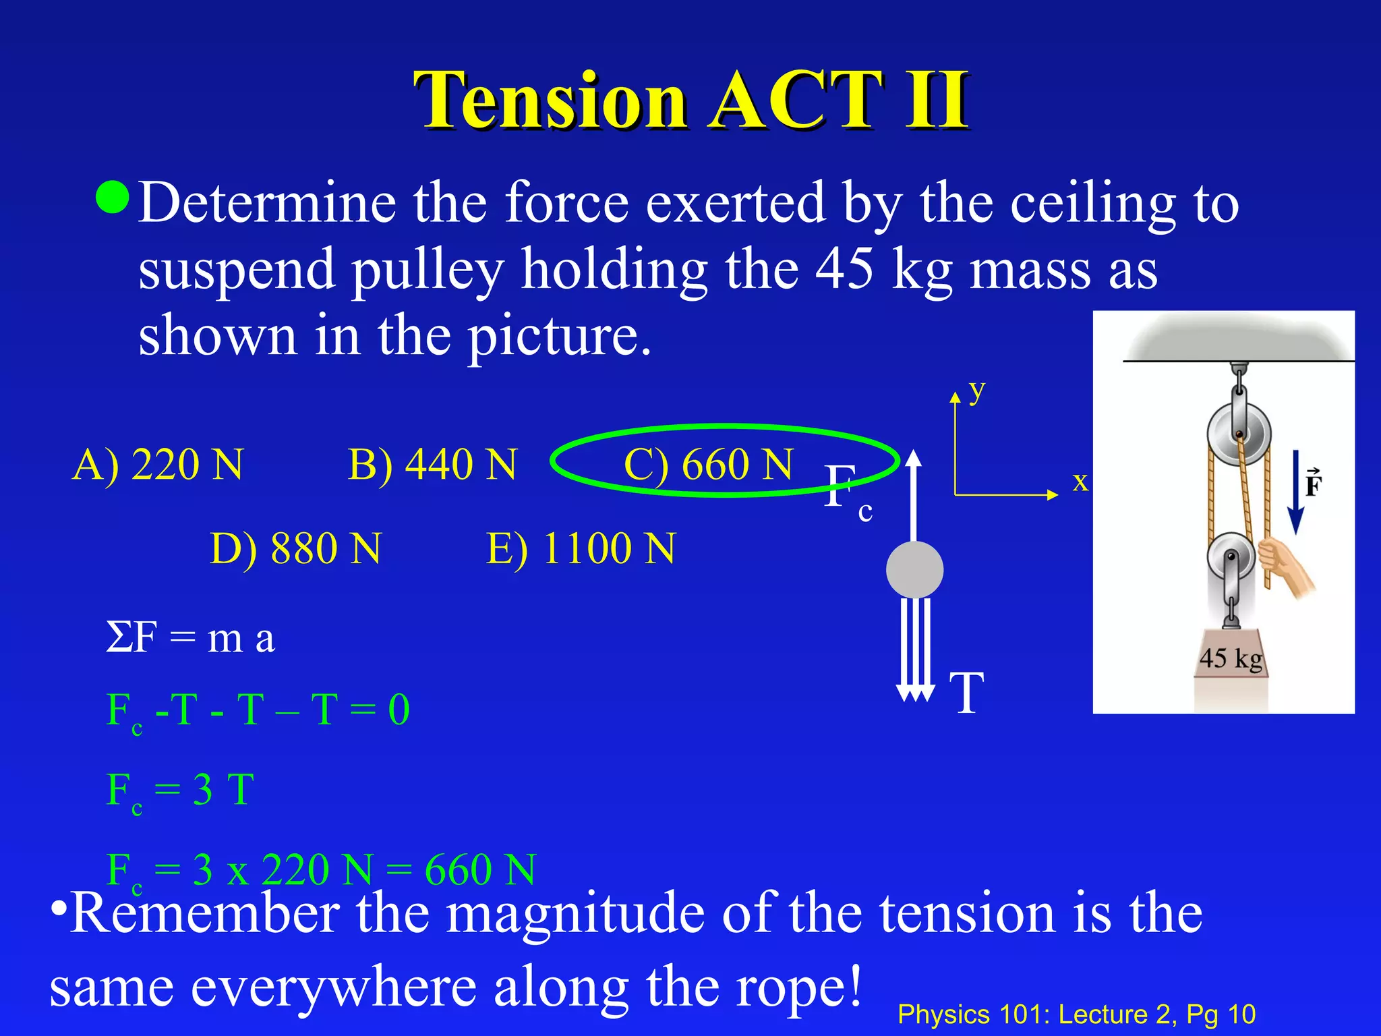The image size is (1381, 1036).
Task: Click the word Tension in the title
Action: tap(550, 101)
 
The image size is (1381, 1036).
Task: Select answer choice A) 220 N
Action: tap(157, 465)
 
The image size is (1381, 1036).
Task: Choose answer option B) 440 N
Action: tap(432, 465)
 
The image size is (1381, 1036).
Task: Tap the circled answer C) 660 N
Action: tap(708, 465)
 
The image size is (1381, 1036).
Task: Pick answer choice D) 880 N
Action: tap(295, 548)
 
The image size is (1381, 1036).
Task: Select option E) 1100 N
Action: tap(581, 548)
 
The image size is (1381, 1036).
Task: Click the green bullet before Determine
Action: tap(112, 197)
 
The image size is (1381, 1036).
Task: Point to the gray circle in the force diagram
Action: tap(914, 570)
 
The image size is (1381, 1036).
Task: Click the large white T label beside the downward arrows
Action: tap(967, 693)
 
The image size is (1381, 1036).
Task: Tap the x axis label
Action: tap(1080, 482)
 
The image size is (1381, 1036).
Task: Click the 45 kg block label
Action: tap(1231, 658)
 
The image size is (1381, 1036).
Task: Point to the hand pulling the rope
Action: tap(1285, 565)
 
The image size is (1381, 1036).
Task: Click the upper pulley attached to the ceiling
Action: tap(1238, 433)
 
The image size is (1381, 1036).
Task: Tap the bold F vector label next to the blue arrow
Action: tap(1313, 483)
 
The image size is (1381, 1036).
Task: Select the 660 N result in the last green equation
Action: tap(480, 869)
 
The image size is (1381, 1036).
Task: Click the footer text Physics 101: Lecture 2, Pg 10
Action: tap(1076, 1014)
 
